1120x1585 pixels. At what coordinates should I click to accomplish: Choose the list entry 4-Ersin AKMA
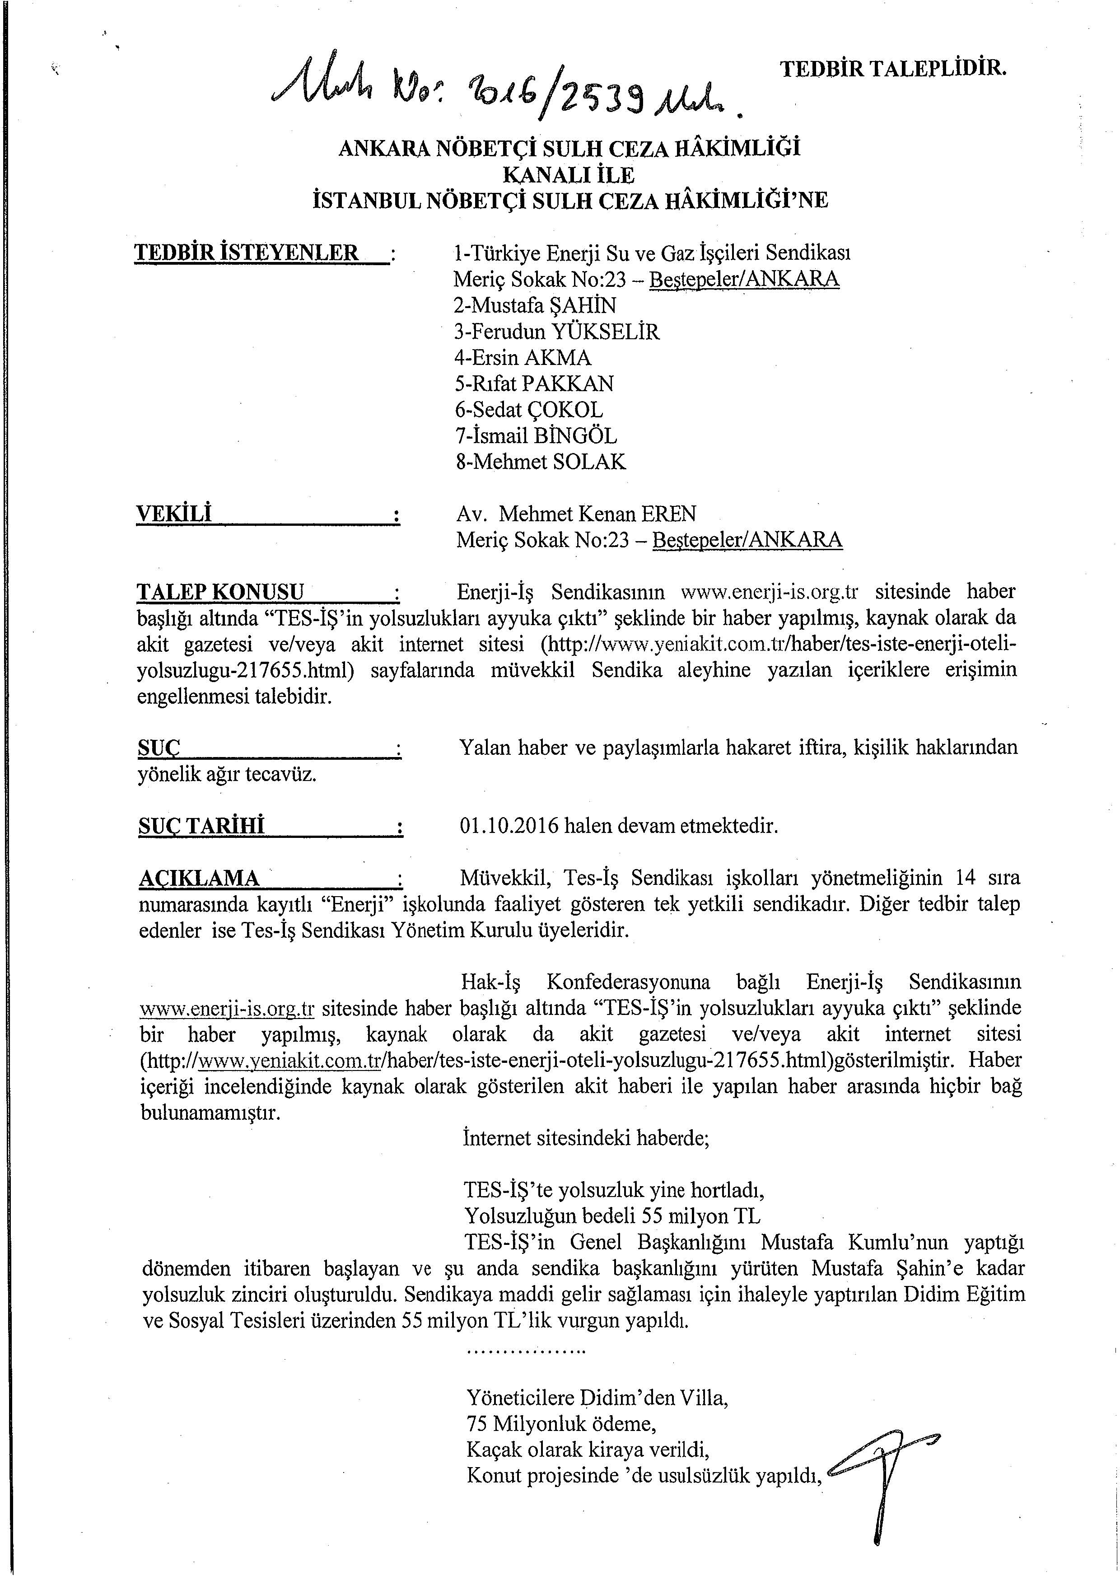523,358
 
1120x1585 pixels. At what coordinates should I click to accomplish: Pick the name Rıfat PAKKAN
533,384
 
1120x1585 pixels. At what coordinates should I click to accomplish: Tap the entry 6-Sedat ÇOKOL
528,410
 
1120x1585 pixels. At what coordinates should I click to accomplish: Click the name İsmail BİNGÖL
536,436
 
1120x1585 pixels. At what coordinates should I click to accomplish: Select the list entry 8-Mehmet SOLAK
540,462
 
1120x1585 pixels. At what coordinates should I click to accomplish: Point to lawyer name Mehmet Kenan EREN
597,514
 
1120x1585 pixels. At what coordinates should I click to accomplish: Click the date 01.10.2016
509,826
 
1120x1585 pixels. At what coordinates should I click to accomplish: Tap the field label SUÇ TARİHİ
201,826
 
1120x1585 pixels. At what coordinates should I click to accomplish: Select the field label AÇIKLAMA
200,879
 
